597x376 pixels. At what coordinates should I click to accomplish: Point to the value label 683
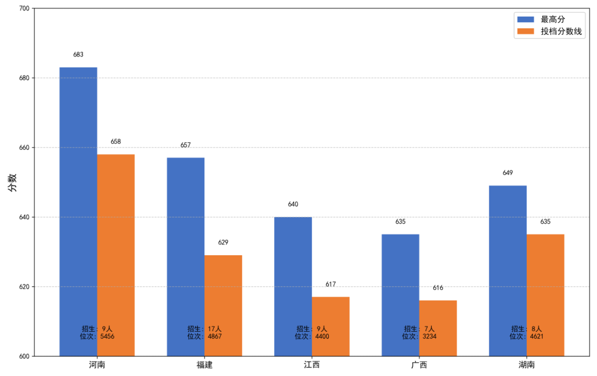pos(78,55)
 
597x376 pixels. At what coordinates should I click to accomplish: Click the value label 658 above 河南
pos(116,142)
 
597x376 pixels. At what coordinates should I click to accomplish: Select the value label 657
pos(186,145)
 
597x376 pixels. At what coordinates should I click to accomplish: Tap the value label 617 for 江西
pos(331,284)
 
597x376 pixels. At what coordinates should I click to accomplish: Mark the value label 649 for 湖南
pos(507,173)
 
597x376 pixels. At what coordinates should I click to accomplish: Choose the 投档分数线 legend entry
pos(561,32)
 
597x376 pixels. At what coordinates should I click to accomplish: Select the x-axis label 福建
pos(205,365)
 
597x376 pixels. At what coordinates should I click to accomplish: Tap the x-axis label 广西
pos(419,365)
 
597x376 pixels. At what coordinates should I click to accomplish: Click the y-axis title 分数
pos(12,182)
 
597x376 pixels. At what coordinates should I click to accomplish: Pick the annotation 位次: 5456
pos(97,336)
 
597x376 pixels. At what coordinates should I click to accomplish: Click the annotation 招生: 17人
pos(205,328)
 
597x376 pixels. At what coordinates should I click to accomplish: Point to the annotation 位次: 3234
pos(419,336)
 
